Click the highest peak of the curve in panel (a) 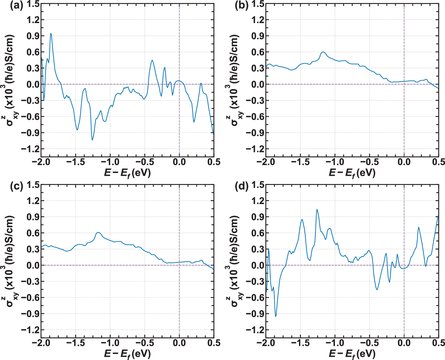[51, 33]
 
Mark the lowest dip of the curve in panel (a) [92, 140]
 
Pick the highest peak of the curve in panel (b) [323, 52]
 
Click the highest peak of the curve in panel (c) [98, 232]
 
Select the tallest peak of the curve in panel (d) [317, 209]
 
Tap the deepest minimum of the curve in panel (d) [276, 316]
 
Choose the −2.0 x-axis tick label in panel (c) [41, 343]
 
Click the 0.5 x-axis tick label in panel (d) [438, 343]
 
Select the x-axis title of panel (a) [127, 172]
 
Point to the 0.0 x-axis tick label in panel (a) [179, 162]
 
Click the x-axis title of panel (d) [352, 354]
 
